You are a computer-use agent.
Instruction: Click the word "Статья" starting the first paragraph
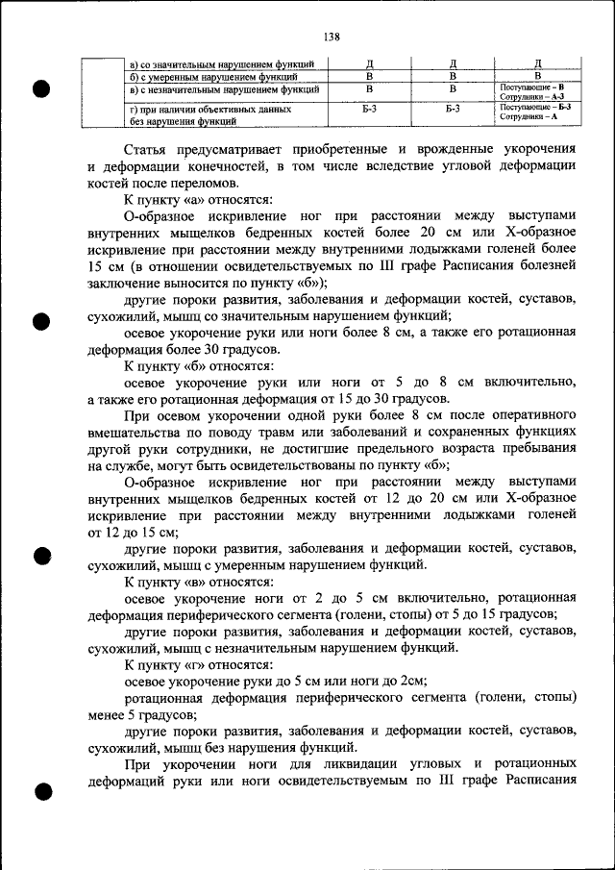[x=149, y=149]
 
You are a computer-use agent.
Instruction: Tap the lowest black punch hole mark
[x=41, y=793]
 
